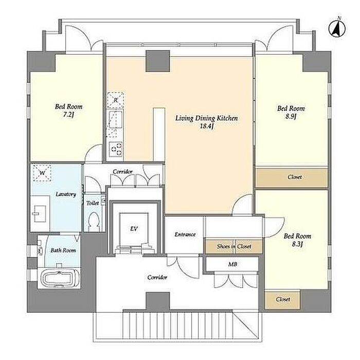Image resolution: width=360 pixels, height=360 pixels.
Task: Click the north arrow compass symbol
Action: tap(337, 28)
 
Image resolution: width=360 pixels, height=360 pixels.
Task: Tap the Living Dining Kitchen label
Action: tap(206, 118)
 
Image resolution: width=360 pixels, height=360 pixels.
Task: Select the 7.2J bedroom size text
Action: tap(68, 115)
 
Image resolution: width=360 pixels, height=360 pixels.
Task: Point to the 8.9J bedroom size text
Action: tap(291, 116)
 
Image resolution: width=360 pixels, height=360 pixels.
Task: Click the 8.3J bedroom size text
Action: tap(298, 244)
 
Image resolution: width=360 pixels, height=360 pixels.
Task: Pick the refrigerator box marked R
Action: tap(116, 100)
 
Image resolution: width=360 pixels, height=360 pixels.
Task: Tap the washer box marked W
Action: tap(42, 173)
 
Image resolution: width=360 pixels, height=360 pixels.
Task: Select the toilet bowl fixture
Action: tap(94, 221)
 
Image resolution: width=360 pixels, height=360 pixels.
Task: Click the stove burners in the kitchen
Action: tap(116, 149)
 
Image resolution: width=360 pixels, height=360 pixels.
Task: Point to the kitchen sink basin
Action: tap(116, 119)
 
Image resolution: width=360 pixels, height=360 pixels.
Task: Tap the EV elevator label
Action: tap(134, 229)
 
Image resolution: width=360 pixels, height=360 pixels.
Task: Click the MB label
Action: tap(232, 264)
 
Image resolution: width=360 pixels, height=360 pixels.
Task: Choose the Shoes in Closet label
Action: tap(234, 246)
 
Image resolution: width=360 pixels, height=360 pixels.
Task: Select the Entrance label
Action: tap(185, 235)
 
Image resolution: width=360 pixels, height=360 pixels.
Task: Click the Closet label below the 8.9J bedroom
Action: tap(295, 177)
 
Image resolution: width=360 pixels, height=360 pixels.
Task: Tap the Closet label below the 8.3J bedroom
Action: tap(283, 299)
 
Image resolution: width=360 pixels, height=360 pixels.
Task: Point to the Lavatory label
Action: tap(66, 194)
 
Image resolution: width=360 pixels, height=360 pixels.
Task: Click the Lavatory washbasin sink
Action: tap(40, 213)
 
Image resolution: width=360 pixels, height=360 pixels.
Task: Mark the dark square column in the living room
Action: tap(158, 61)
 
